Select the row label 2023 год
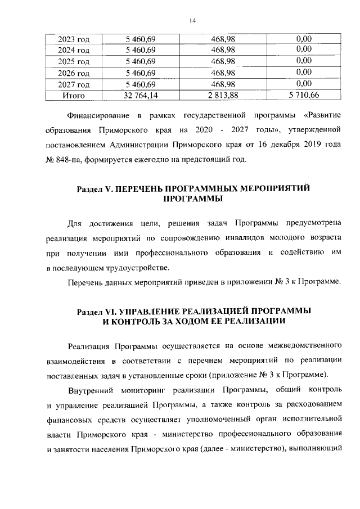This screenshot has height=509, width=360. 74,39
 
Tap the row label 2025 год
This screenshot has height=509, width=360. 74,61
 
